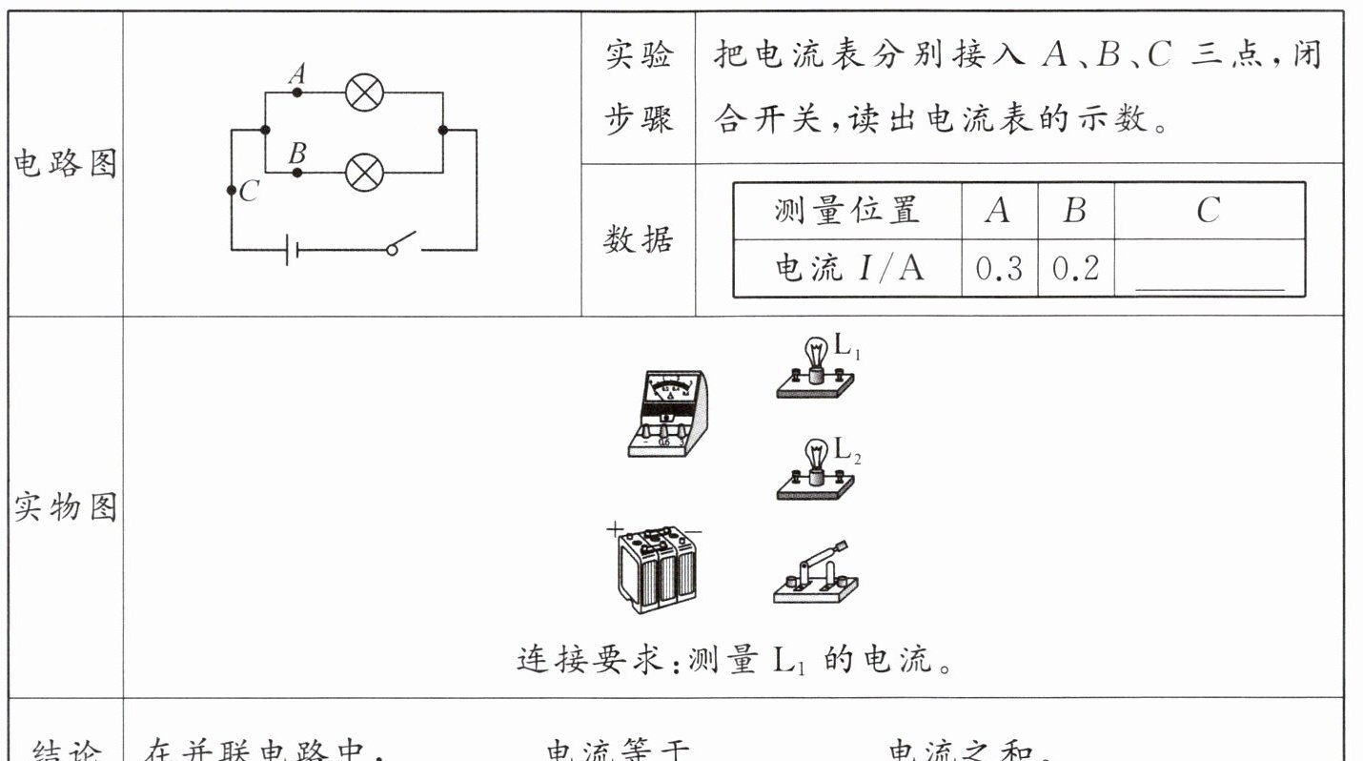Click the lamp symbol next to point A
click(364, 93)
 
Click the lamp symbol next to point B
click(364, 173)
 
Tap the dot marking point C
click(232, 191)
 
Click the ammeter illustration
click(667, 413)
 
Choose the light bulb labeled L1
click(816, 368)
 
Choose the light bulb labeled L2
click(816, 470)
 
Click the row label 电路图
click(65, 165)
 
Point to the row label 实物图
click(65, 508)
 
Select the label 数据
click(638, 239)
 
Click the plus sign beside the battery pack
click(614, 528)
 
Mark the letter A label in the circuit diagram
click(297, 73)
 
